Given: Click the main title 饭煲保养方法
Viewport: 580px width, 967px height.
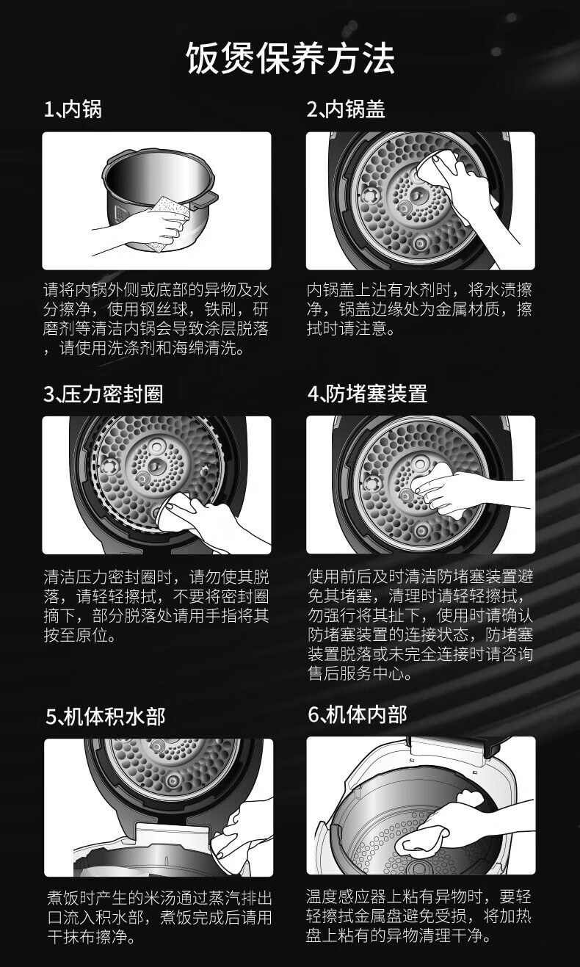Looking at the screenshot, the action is coord(290,58).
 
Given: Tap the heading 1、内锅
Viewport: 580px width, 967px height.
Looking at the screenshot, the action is coord(73,109).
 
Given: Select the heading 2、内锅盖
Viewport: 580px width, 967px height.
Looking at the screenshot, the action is coord(346,109).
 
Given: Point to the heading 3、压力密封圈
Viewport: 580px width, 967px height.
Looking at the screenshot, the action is coord(103,394).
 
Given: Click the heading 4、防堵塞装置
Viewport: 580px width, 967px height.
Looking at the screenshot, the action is coord(367,394).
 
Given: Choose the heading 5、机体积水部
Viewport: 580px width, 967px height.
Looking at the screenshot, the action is coord(106,717).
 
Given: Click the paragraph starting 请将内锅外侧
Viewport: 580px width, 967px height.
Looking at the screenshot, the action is coord(156,319).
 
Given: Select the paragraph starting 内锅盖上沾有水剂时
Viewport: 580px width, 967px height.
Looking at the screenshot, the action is coord(419,309).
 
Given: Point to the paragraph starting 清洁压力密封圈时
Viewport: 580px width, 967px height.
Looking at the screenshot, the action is coord(156,606).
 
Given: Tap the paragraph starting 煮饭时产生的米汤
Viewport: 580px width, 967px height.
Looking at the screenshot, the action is coord(159,917).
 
